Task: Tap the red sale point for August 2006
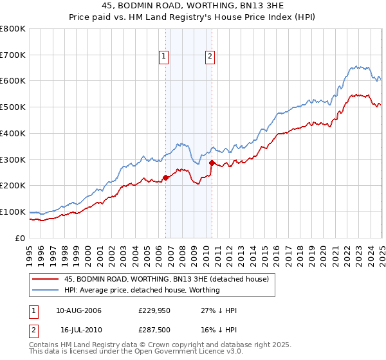165,177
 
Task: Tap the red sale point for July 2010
212,163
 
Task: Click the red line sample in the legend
45,279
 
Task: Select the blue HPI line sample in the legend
45,290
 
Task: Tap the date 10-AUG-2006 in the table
79,310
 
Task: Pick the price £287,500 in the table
153,331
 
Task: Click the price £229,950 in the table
153,310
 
